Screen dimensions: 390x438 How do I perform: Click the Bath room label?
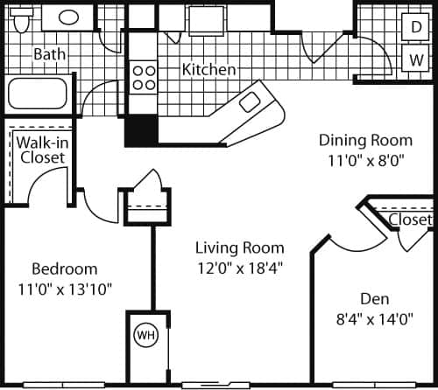pos(49,54)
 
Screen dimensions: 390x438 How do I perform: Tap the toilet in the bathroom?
pos(22,17)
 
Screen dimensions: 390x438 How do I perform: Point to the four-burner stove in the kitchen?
pos(145,78)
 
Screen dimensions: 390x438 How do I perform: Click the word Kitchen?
pos(208,69)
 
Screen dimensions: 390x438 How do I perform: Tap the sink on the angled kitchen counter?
pos(250,102)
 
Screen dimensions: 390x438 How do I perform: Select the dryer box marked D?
pos(414,27)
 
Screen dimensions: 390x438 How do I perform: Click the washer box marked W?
pos(414,60)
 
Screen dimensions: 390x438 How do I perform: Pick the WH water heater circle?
pos(144,335)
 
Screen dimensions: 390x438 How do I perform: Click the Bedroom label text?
pos(65,268)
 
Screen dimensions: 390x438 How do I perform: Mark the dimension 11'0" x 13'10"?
pos(65,288)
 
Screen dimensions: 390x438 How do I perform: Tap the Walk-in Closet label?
pos(41,150)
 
